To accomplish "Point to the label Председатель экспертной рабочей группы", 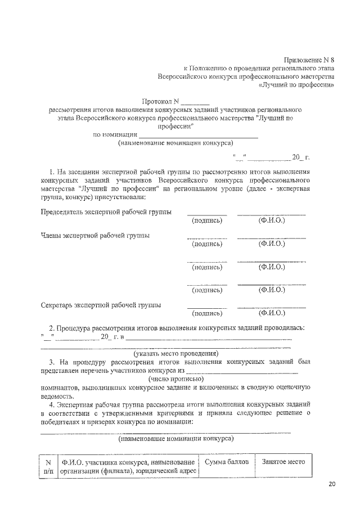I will point(106,212).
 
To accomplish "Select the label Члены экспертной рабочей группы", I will point(95,235).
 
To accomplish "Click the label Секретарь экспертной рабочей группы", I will point(101,305).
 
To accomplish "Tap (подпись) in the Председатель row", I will point(207,221).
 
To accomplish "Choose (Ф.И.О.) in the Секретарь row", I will point(272,313).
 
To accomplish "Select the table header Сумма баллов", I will point(226,462).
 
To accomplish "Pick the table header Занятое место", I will point(283,462).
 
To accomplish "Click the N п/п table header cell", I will point(48,466).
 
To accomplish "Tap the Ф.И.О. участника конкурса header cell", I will point(129,466).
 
